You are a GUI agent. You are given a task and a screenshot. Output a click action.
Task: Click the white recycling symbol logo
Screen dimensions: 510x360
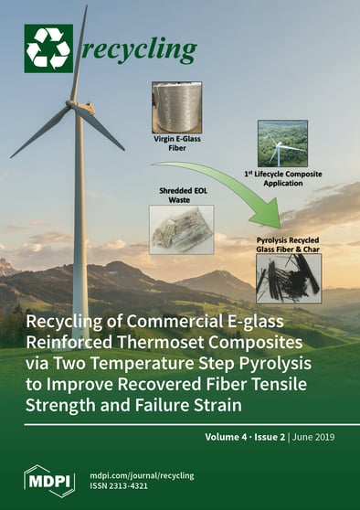(x=48, y=48)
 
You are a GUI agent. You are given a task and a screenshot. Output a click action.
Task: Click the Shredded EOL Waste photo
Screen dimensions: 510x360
(x=180, y=228)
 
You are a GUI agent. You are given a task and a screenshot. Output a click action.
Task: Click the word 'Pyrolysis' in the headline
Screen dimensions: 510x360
(x=283, y=364)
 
